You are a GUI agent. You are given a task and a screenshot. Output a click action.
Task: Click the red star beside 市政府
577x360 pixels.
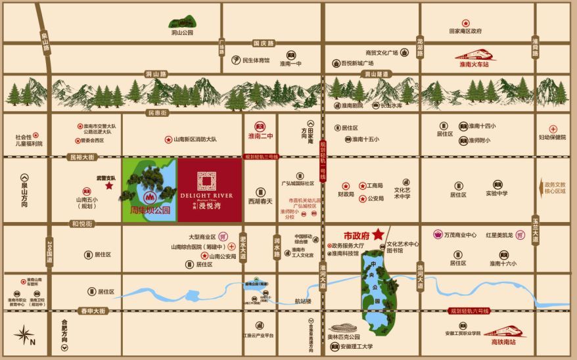(x=379, y=235)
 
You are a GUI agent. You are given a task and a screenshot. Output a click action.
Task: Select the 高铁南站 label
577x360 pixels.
(x=505, y=342)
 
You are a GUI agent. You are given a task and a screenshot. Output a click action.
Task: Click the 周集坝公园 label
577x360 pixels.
(x=150, y=211)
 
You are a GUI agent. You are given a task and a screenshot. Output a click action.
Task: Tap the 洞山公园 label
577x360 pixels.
(x=182, y=32)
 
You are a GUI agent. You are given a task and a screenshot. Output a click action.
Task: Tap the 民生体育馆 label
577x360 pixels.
(x=256, y=60)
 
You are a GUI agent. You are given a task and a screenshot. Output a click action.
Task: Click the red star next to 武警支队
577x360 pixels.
(x=109, y=186)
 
